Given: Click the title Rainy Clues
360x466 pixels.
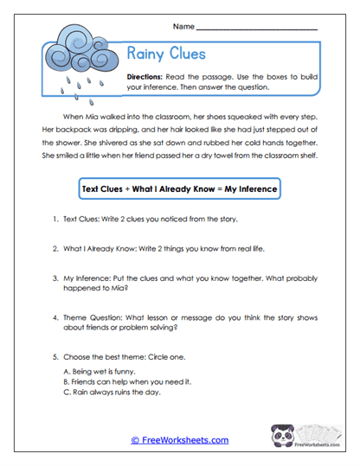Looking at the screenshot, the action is tap(166, 54).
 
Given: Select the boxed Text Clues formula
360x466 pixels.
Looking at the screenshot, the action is tap(179, 188).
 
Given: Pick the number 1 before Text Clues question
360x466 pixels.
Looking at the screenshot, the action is tap(54, 220).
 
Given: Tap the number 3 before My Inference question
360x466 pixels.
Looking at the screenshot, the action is tap(54, 279).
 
